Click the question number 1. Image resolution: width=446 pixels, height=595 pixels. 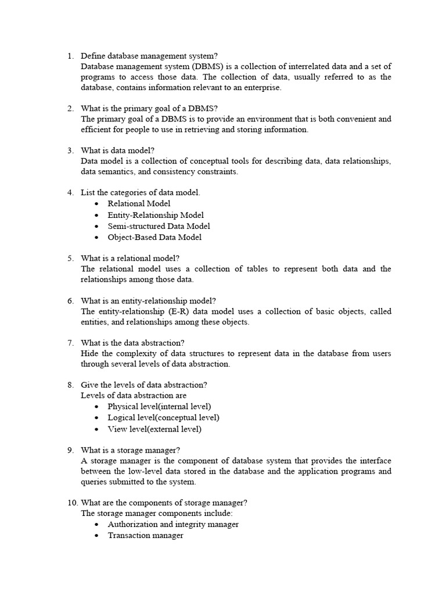point(70,56)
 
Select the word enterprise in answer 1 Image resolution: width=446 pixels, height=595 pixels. point(261,87)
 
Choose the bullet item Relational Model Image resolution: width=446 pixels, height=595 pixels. point(139,203)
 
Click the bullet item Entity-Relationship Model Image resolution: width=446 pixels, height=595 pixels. point(156,215)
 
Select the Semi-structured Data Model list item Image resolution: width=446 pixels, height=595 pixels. point(159,226)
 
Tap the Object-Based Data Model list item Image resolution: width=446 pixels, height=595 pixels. point(154,237)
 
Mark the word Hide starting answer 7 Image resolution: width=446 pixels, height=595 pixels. point(90,353)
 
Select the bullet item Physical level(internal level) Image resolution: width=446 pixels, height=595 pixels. point(159,406)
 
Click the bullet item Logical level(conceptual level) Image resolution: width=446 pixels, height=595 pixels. point(163,417)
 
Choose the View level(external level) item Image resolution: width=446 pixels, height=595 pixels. point(154,429)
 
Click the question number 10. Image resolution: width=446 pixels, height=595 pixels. point(71,503)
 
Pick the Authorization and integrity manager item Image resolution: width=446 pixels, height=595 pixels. point(173,524)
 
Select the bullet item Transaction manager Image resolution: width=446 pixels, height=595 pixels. point(145,535)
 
